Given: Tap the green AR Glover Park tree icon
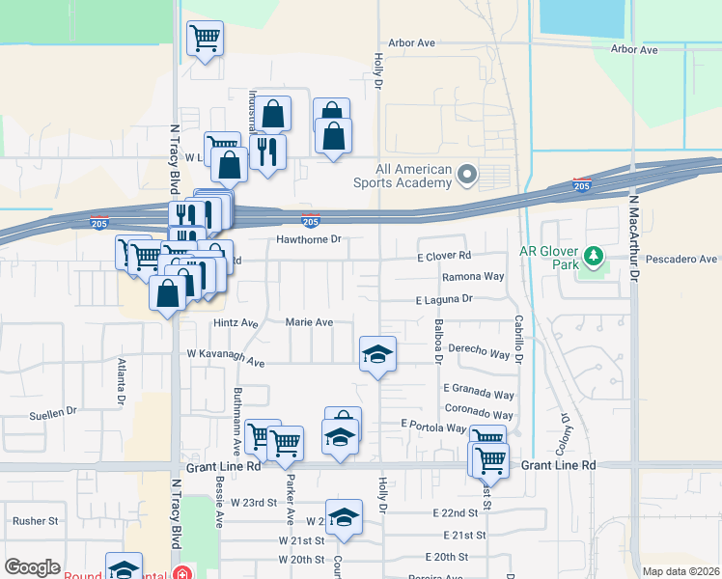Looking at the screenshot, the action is pos(596,257).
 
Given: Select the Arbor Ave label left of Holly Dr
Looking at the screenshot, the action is pos(412,43).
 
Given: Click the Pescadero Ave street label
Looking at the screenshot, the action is pos(681,260).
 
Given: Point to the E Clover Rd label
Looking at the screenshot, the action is pos(444,257).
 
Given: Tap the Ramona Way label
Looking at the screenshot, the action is pos(473,277).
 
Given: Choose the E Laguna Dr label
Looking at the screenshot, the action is pos(444,300).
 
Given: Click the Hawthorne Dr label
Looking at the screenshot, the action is pos(309,239).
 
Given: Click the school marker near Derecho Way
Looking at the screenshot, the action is pos(377,353).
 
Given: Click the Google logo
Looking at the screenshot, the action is pos(32,567).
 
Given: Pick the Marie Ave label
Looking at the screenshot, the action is pos(309,322).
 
